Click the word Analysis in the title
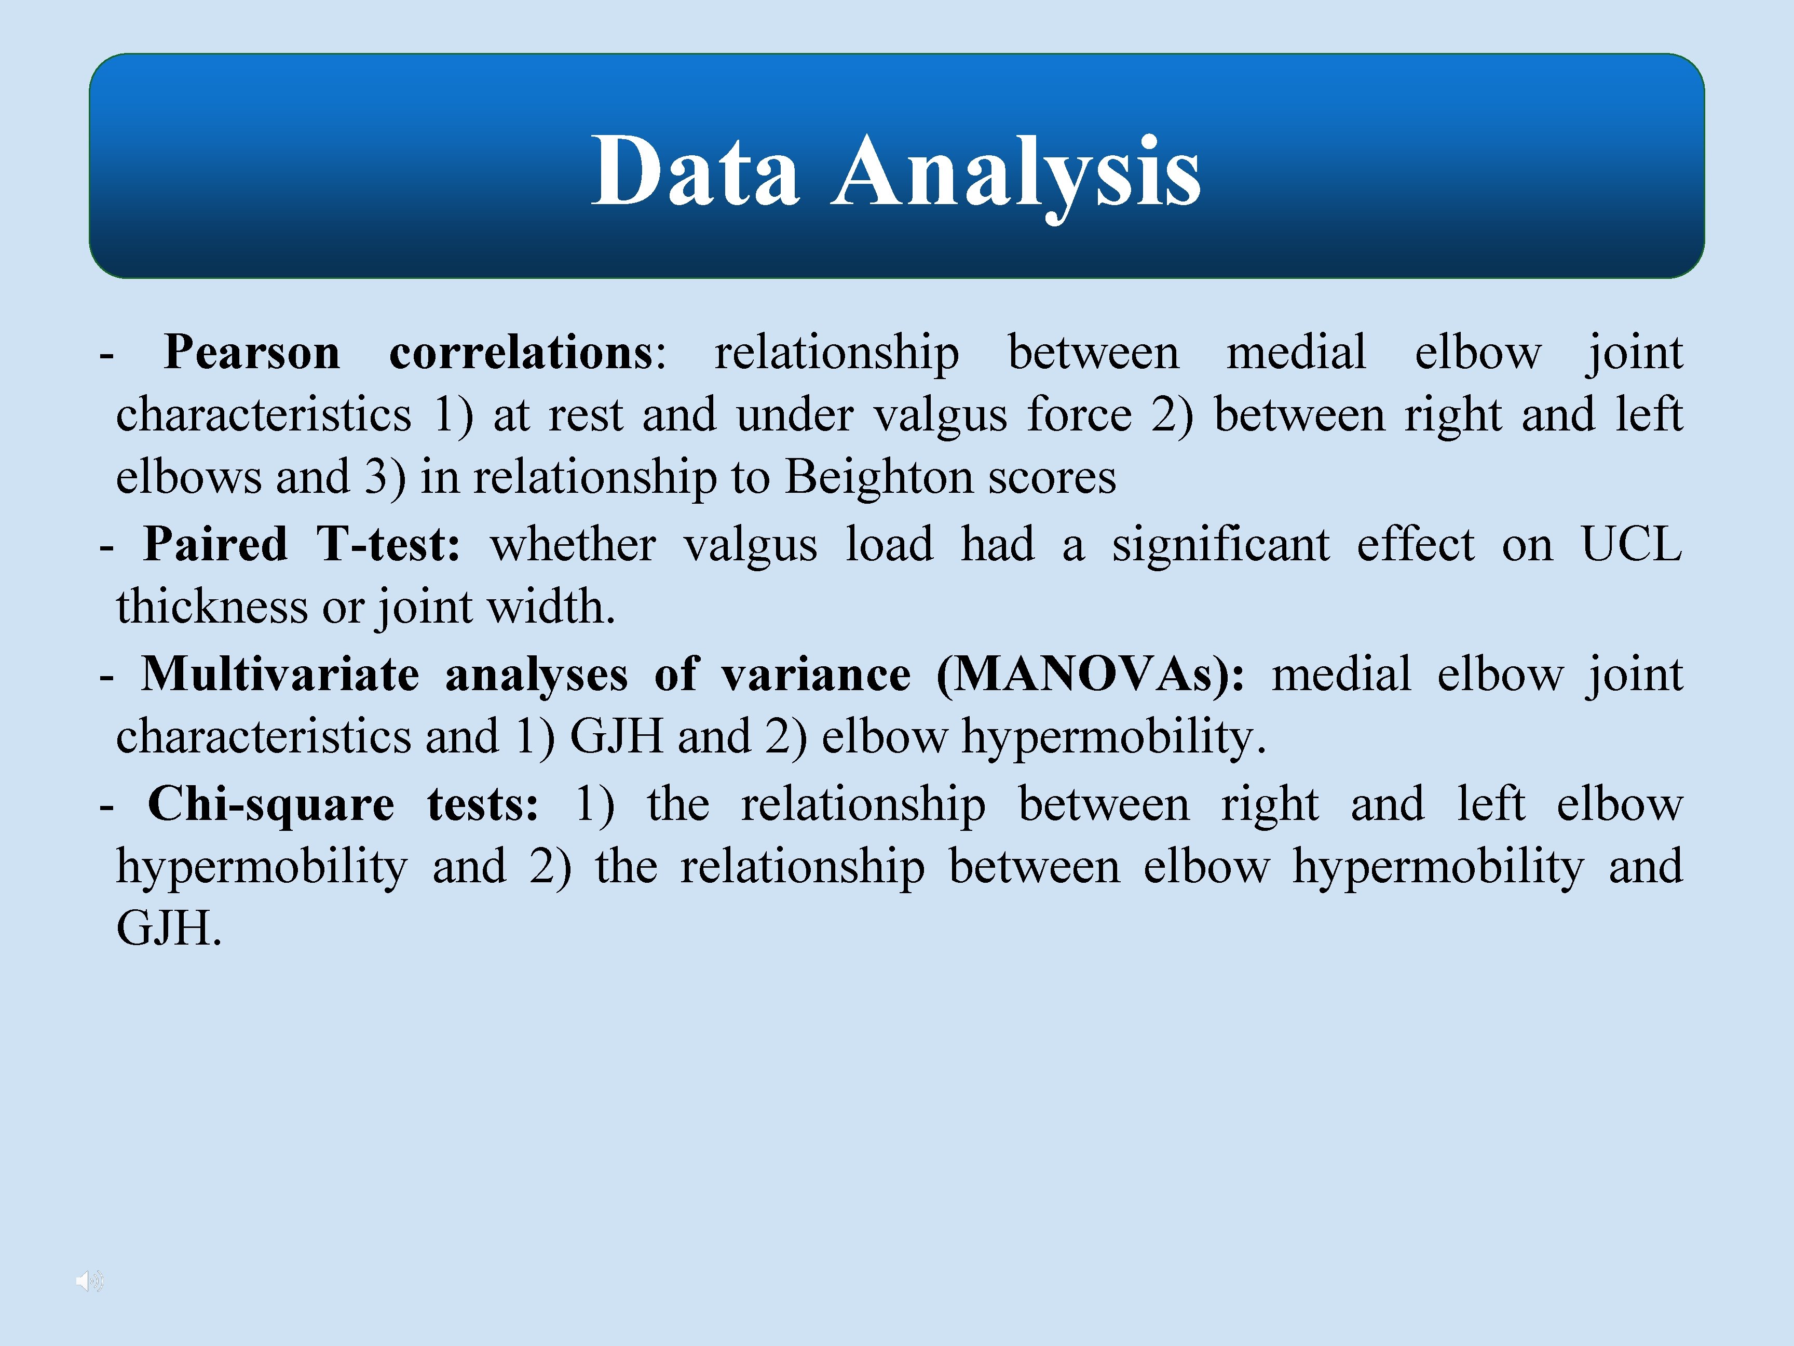click(1016, 171)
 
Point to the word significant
click(1220, 544)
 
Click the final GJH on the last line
click(166, 929)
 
